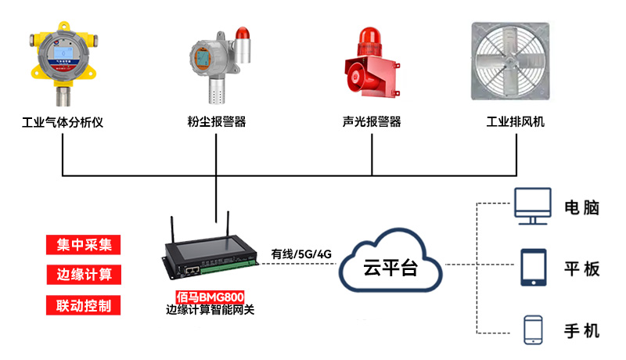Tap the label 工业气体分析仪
63,122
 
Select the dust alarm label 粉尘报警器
217,122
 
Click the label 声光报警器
372,122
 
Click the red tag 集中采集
85,244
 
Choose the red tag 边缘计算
85,274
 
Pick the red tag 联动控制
85,304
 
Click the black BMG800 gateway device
210,257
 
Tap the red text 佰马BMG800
210,297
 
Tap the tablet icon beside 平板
533,268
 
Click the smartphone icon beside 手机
534,329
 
